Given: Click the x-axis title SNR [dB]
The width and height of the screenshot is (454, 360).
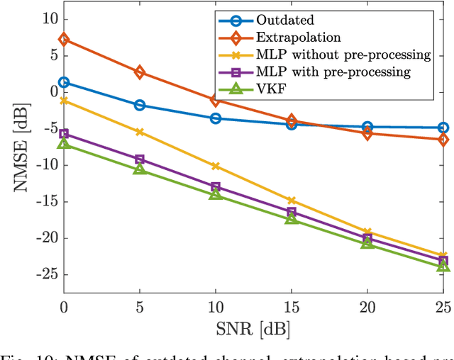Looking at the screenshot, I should click(x=253, y=330).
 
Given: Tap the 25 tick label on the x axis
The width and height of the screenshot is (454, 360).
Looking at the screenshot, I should click(x=442, y=308).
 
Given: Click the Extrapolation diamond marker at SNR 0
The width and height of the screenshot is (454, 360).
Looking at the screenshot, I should click(x=64, y=40).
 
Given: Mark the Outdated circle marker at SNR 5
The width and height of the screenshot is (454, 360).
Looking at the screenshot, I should click(x=140, y=105).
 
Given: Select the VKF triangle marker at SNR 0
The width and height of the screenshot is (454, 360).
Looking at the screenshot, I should click(x=64, y=144).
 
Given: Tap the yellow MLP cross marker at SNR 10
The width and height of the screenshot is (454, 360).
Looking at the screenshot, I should click(x=216, y=166).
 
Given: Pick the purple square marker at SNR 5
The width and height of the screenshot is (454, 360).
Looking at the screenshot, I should click(x=140, y=159).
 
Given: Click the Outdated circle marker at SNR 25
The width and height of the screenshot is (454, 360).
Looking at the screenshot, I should click(x=443, y=128).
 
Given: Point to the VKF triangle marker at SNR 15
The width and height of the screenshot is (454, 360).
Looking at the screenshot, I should click(x=291, y=219).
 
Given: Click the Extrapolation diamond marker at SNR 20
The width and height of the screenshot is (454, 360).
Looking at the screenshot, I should click(x=367, y=133).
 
